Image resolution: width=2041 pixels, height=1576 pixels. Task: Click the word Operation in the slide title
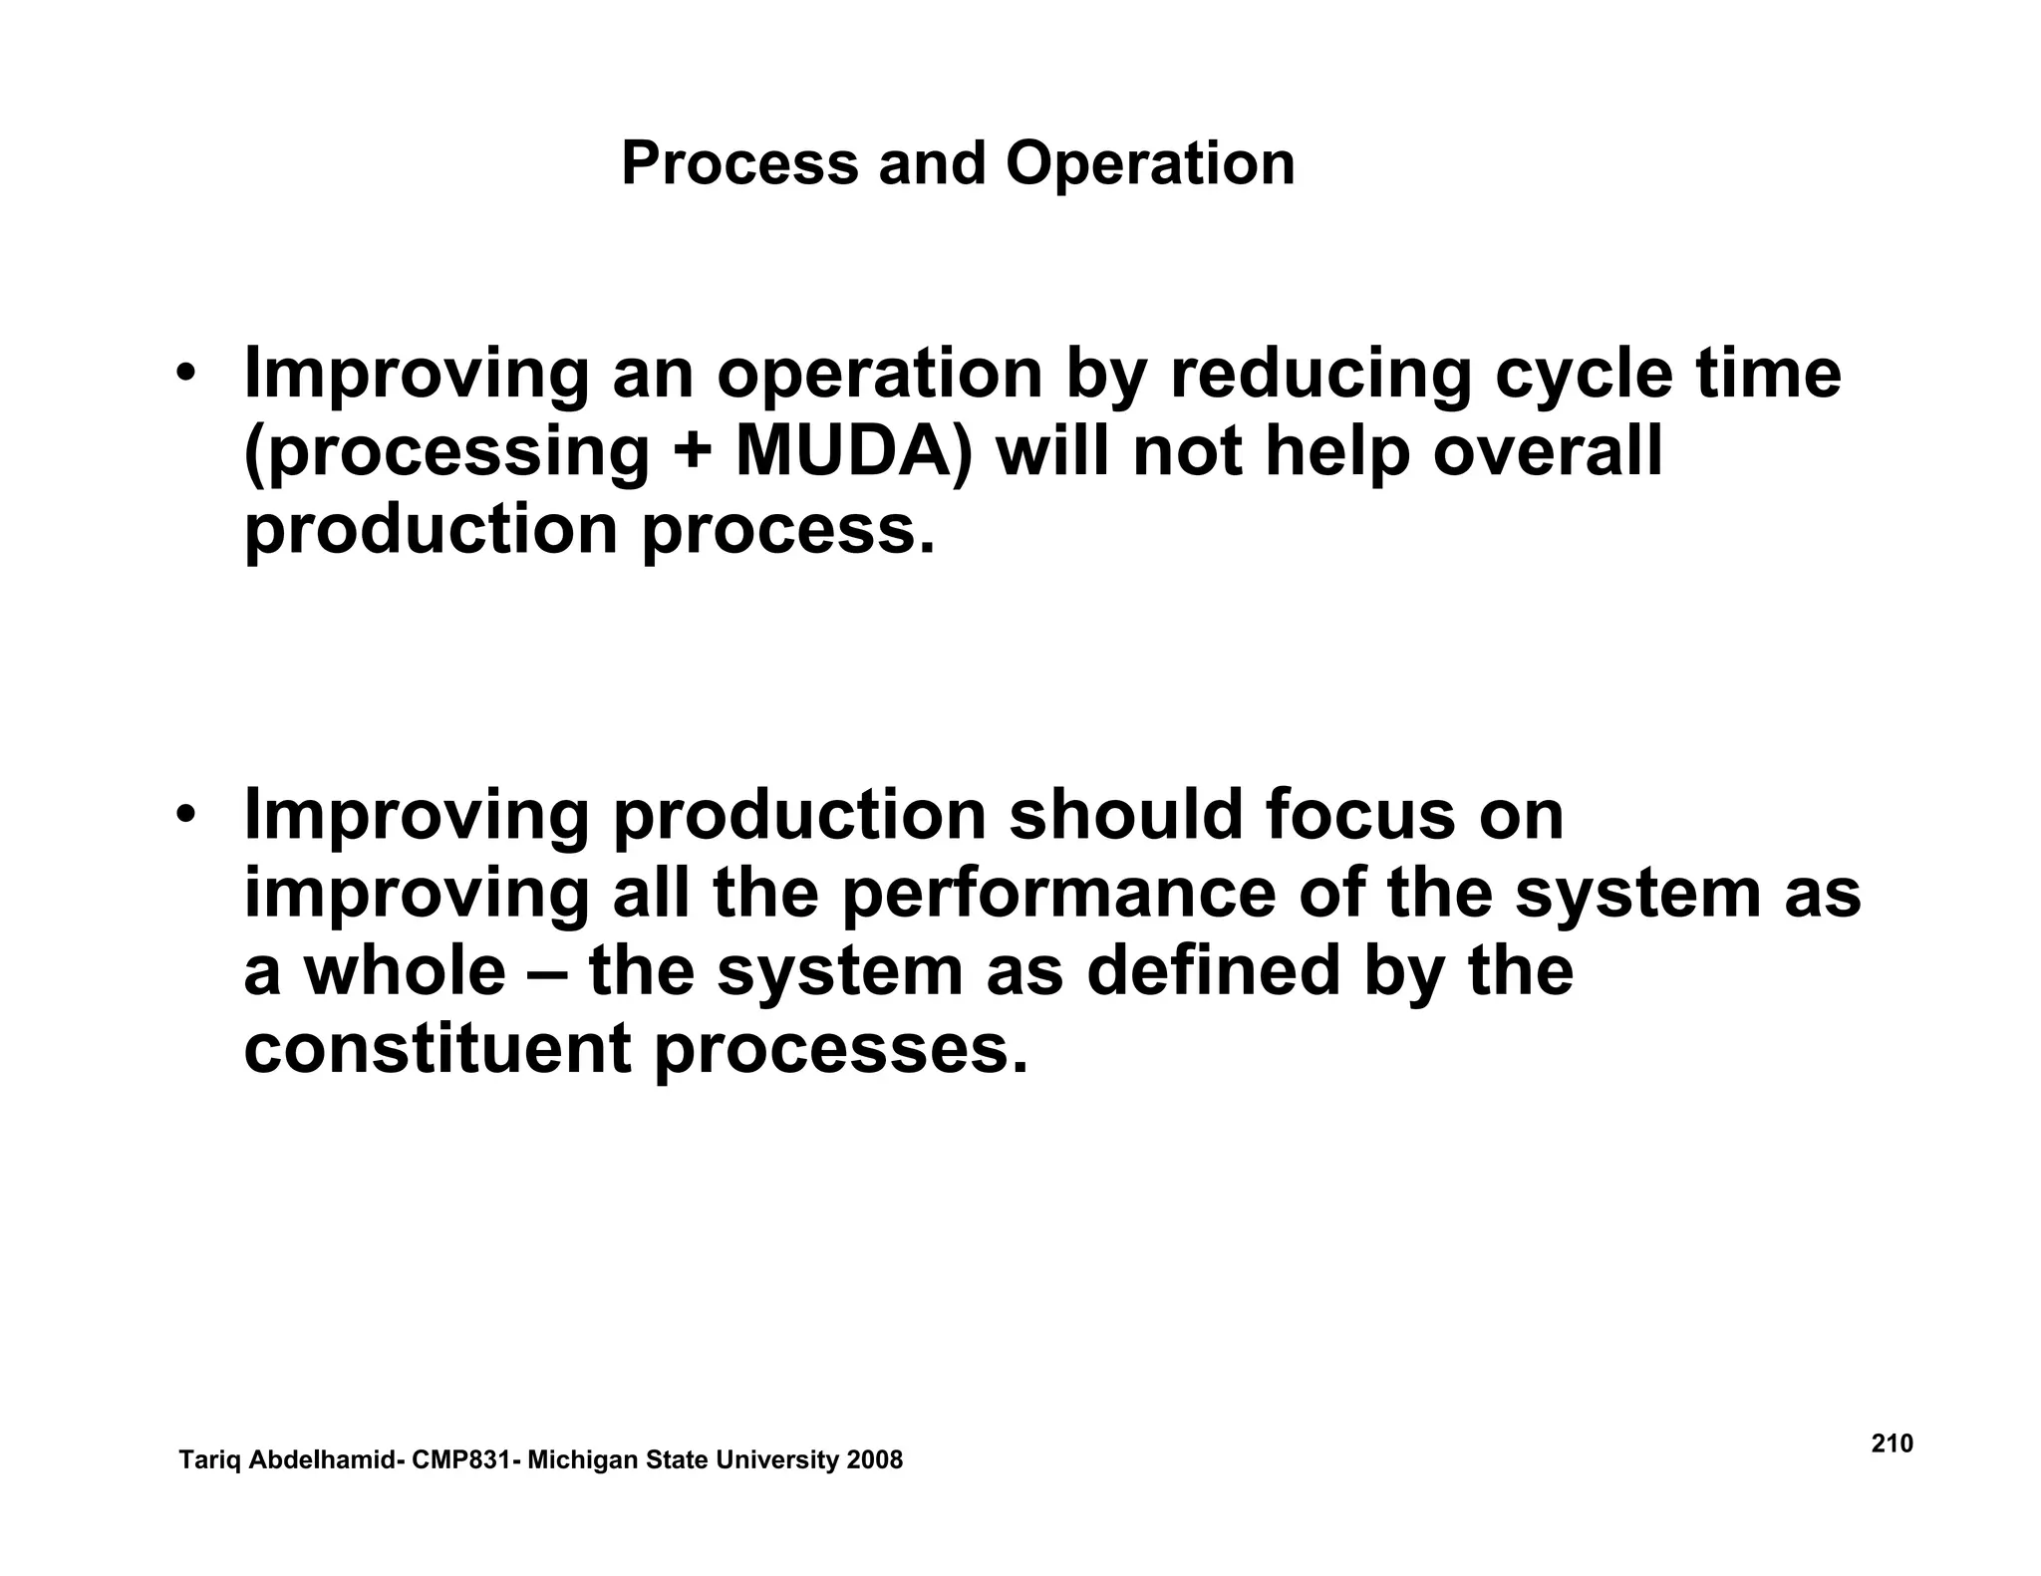[1150, 164]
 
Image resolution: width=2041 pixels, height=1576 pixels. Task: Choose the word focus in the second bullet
[1359, 815]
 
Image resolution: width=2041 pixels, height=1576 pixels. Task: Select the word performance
[1058, 894]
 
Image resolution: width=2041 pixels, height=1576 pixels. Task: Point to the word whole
[405, 971]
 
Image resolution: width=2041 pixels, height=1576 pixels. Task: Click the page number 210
[1892, 1444]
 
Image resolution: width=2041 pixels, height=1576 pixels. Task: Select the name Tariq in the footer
[209, 1461]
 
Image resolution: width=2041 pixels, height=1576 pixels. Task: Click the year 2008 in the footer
[874, 1460]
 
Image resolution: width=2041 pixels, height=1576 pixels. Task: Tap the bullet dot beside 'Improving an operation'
[185, 376]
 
